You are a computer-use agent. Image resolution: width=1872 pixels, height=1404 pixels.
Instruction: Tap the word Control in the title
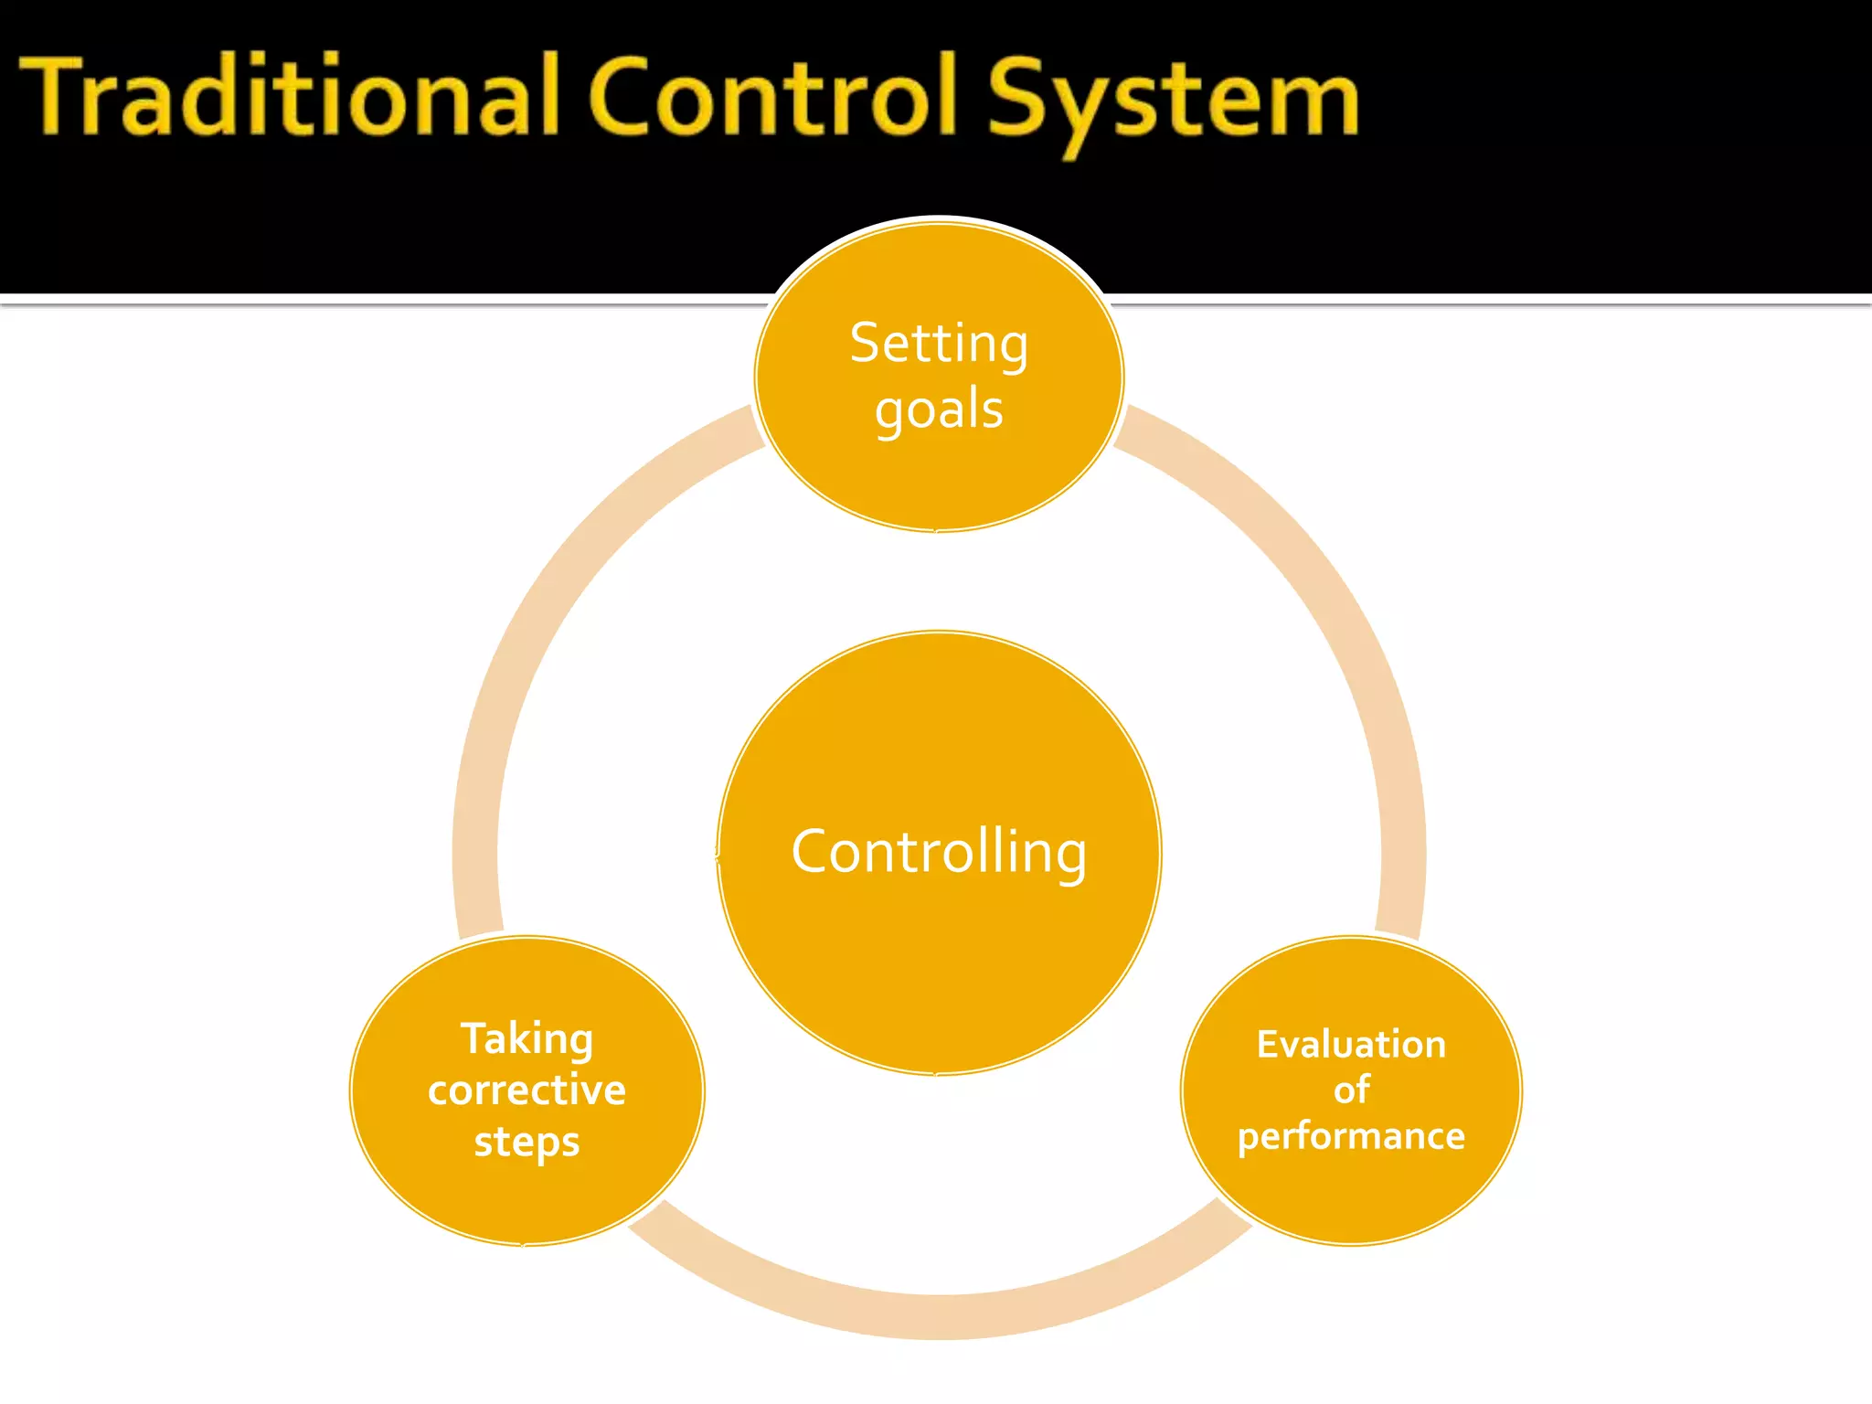tap(773, 97)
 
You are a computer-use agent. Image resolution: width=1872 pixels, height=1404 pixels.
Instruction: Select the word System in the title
tap(1173, 101)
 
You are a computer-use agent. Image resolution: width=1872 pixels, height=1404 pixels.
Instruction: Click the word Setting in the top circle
tap(939, 346)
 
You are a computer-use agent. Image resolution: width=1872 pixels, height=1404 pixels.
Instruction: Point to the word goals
tap(939, 410)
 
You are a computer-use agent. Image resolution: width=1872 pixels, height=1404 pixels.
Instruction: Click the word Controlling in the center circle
tap(939, 852)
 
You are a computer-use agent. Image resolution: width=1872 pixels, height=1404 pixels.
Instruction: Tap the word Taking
tap(526, 1040)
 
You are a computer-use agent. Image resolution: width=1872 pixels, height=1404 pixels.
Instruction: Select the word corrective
tap(526, 1090)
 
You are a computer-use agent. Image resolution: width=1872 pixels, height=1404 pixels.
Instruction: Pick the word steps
tap(526, 1143)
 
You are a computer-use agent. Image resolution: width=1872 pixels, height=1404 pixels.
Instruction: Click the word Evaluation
tap(1351, 1045)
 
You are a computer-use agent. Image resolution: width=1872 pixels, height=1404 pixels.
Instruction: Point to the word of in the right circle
tap(1351, 1090)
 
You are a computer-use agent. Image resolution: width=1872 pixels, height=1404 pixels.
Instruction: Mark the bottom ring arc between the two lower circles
tap(939, 1316)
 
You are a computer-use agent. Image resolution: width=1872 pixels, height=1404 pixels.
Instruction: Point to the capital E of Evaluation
tap(1267, 1045)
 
